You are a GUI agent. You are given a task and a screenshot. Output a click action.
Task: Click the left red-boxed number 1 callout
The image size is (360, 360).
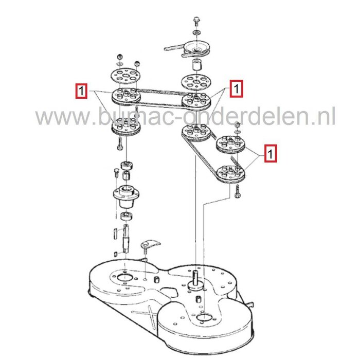(81, 91)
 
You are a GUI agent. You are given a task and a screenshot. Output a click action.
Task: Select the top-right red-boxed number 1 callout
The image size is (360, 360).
(236, 88)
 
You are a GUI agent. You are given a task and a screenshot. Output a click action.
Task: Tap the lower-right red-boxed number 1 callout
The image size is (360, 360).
(271, 153)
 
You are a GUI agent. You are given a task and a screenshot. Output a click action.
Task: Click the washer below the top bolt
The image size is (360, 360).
(196, 32)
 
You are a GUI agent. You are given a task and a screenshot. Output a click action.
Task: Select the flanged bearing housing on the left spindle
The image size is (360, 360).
(126, 197)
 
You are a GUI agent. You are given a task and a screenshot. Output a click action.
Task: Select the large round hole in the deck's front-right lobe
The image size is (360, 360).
(204, 317)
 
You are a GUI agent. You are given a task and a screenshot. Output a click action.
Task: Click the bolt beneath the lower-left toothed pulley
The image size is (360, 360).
(120, 143)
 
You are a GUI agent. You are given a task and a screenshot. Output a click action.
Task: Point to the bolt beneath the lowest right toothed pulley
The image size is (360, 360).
(237, 191)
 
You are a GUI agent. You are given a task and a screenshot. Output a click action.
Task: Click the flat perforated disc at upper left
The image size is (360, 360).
(125, 76)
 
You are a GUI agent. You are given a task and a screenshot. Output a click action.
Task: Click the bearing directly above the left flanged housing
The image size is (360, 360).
(127, 165)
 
